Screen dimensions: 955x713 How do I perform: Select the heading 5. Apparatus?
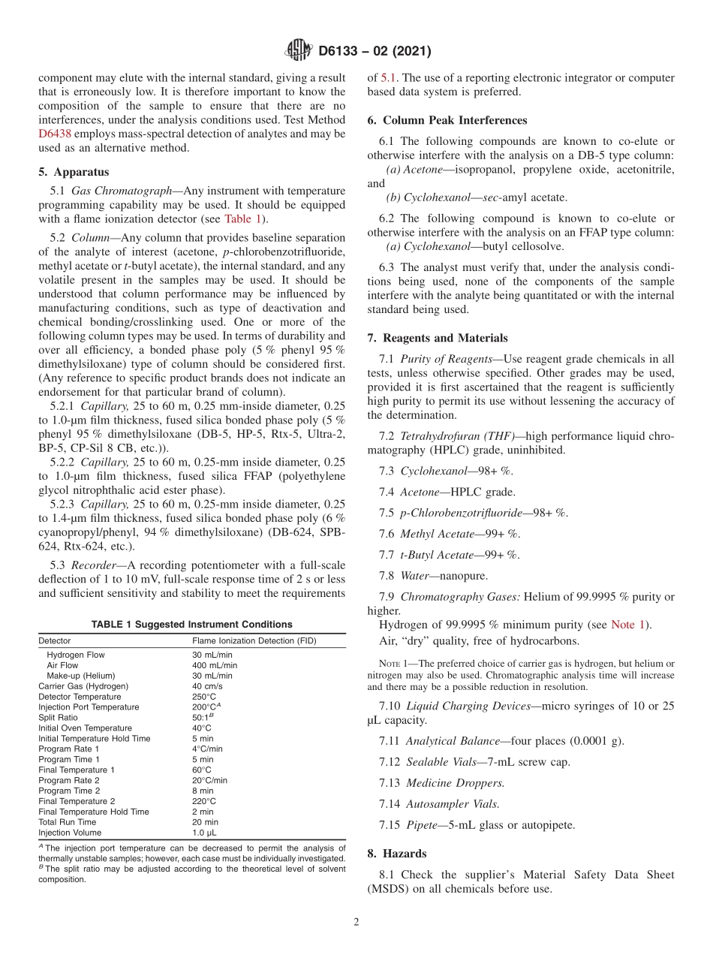click(x=73, y=172)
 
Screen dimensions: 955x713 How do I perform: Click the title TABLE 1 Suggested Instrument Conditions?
click(x=191, y=624)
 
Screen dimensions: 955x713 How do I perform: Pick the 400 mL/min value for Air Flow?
click(x=215, y=665)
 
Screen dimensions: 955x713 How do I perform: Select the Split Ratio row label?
click(x=58, y=718)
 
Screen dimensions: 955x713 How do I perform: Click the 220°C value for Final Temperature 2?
click(x=203, y=801)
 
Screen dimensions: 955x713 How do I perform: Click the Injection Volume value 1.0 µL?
click(x=204, y=833)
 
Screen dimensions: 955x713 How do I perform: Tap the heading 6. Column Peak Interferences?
click(x=447, y=120)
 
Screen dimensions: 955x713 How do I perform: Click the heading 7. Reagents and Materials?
click(x=438, y=338)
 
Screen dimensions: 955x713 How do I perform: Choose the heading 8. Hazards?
click(x=396, y=854)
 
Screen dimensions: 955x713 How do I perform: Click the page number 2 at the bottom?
click(x=356, y=922)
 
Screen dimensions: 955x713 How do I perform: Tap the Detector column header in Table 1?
click(x=55, y=640)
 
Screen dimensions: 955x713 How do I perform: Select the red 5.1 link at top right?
click(x=389, y=77)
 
